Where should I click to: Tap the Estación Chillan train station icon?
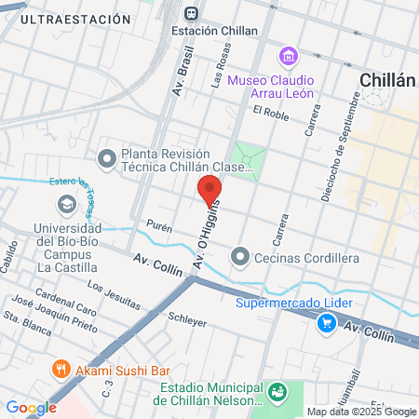click(191, 14)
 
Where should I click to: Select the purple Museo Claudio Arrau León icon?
click(289, 57)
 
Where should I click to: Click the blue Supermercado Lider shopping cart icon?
click(326, 323)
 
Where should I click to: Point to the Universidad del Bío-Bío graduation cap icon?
click(66, 204)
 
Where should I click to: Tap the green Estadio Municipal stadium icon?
click(277, 393)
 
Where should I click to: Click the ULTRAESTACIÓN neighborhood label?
click(74, 19)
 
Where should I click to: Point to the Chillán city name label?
click(386, 81)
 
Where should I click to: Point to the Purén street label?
click(159, 225)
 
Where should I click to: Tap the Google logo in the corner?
click(31, 407)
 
